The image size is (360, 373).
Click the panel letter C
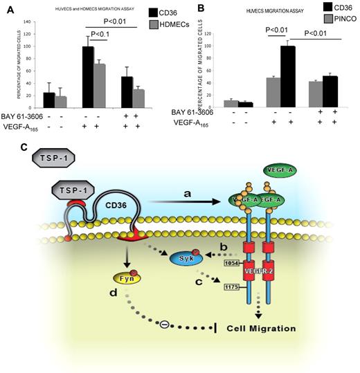[x=7, y=147]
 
